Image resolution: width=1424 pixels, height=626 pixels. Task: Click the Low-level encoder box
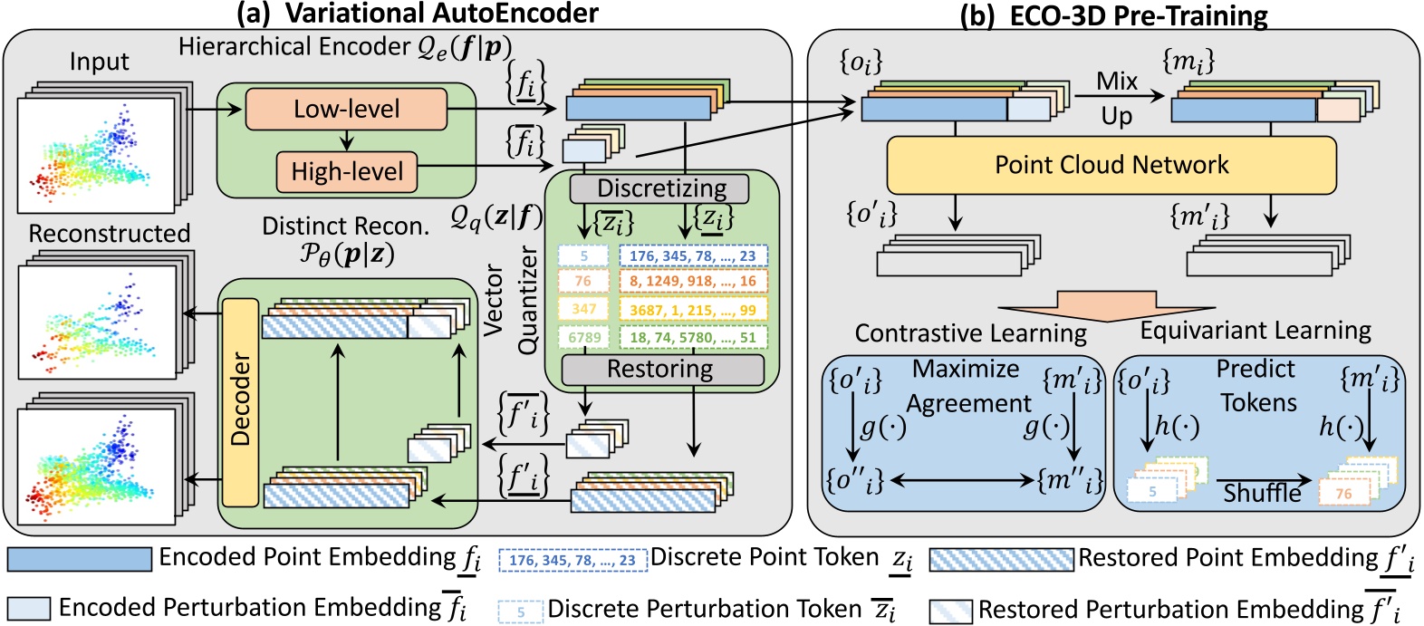(x=346, y=109)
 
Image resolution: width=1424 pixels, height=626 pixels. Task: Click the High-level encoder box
(x=346, y=171)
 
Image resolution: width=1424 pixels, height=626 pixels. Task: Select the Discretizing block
(x=660, y=188)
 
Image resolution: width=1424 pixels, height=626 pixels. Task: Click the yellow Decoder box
(x=240, y=401)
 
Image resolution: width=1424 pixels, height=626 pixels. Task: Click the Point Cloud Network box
(x=1111, y=165)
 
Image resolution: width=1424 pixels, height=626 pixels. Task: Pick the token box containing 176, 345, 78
(x=693, y=256)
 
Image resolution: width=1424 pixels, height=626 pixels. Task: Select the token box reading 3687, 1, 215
(x=693, y=310)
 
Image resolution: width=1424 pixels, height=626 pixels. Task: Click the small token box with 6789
(x=583, y=337)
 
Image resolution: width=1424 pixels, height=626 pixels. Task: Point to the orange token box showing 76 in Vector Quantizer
(x=583, y=282)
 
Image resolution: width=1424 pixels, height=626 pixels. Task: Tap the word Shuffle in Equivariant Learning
(x=1262, y=493)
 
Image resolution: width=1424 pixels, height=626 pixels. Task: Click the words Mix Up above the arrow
(x=1117, y=98)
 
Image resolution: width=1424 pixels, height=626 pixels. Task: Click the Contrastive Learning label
(x=970, y=333)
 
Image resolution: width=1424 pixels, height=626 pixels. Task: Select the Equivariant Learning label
(x=1256, y=331)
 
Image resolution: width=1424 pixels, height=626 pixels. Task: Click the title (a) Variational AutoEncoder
(x=416, y=13)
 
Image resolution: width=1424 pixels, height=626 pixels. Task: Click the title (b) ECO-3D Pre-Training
(x=1113, y=14)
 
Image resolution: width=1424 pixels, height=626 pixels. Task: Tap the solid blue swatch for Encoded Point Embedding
(x=80, y=559)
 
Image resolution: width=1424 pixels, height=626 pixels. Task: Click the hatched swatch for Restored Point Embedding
(x=1002, y=559)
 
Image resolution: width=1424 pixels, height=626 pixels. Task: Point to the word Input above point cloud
(x=100, y=62)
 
